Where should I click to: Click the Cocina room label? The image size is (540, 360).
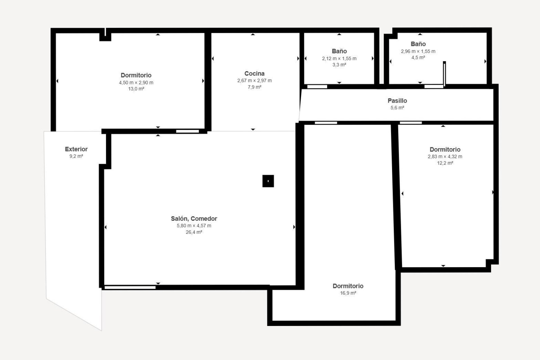(254, 74)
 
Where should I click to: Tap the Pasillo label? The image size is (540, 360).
(397, 101)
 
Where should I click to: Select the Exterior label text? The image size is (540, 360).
(76, 149)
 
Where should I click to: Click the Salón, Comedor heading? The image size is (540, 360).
(194, 219)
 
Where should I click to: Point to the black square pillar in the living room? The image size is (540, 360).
(268, 181)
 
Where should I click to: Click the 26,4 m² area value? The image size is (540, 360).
(194, 232)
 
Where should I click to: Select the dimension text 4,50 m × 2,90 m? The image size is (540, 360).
(136, 83)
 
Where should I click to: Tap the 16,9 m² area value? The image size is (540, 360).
(348, 293)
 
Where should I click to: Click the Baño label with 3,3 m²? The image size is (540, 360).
(339, 51)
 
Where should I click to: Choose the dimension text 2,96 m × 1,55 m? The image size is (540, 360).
(418, 51)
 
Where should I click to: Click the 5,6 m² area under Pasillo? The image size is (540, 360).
(397, 108)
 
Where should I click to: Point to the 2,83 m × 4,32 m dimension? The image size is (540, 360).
(445, 157)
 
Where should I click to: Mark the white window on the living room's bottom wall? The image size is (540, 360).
(130, 287)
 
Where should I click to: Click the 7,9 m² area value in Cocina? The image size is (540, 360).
(254, 87)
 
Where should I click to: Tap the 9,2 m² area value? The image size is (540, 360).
(76, 156)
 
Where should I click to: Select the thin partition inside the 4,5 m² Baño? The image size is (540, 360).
(444, 74)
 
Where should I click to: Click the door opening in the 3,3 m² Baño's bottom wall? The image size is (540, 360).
(317, 87)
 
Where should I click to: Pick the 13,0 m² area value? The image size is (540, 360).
(136, 89)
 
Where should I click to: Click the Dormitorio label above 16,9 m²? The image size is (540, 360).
(348, 286)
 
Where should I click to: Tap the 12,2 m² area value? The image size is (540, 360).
(445, 163)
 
